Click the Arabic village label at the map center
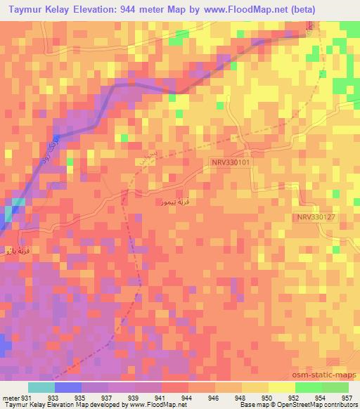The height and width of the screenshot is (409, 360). coord(173,202)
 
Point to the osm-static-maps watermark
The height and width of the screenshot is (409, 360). coord(330,375)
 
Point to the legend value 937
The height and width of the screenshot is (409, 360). coord(108,398)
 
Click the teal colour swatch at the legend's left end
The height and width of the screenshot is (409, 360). coord(41,387)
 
